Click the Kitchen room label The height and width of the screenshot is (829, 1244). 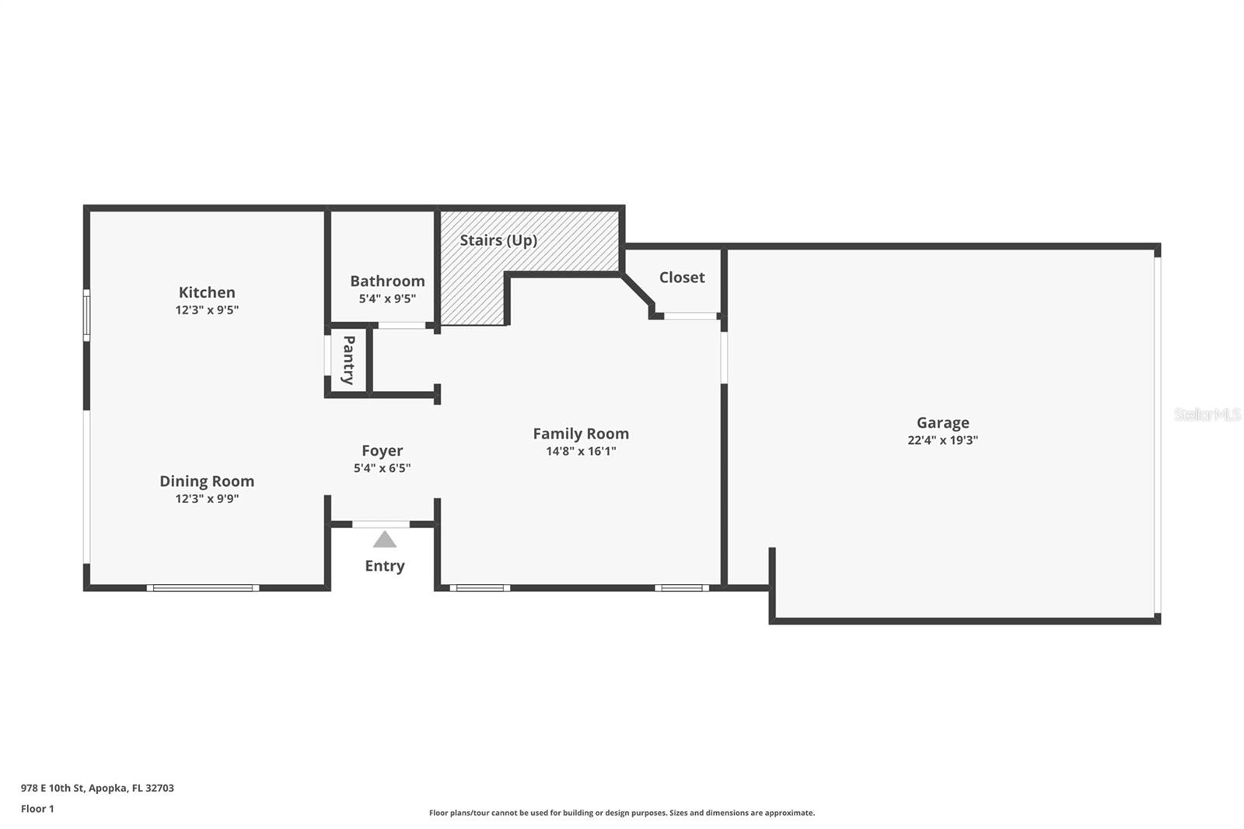click(207, 292)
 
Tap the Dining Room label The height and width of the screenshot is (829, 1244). click(207, 481)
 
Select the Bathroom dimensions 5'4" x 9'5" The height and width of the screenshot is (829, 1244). click(387, 299)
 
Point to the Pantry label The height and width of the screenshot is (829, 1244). click(348, 360)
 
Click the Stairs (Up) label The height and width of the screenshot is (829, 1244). click(498, 240)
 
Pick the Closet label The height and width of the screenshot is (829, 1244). click(681, 278)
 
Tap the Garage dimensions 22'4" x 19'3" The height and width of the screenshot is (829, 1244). click(942, 440)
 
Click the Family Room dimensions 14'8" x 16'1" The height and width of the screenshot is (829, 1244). click(581, 450)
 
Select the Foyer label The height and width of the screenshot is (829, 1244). click(382, 450)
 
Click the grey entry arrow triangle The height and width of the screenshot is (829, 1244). click(384, 540)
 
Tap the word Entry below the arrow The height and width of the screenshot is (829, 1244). click(384, 565)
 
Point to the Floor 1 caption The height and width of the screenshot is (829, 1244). click(37, 809)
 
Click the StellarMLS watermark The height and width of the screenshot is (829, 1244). click(1207, 414)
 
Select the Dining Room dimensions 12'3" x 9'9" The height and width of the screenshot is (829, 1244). click(207, 498)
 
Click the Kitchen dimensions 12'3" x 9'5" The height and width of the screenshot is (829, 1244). click(207, 310)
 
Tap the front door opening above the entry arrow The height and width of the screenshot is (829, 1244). click(381, 524)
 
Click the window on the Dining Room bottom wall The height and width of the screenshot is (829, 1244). click(203, 588)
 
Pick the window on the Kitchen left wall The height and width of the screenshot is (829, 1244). click(86, 315)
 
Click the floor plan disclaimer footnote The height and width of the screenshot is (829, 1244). click(622, 813)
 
